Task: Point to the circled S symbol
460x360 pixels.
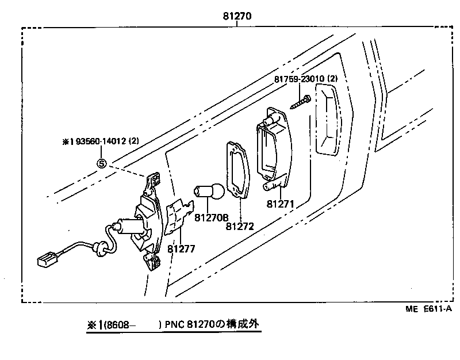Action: [x=102, y=163]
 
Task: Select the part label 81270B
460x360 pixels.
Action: [x=211, y=218]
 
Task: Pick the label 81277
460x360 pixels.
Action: [x=182, y=249]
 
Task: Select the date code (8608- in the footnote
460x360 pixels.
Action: [x=118, y=325]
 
